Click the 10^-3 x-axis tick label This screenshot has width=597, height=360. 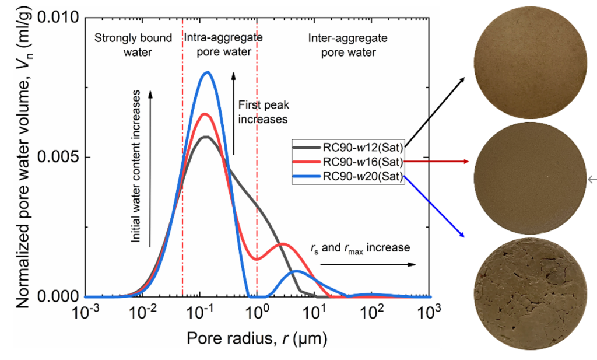pos(86,313)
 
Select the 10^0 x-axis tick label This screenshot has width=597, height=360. pos(258,313)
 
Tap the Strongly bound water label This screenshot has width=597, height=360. pos(134,45)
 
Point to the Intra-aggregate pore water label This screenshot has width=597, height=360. pos(224,45)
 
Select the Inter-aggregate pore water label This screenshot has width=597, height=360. pos(342,45)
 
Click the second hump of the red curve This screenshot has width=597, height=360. pos(283,244)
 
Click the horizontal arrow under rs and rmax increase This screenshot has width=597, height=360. pos(367,264)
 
